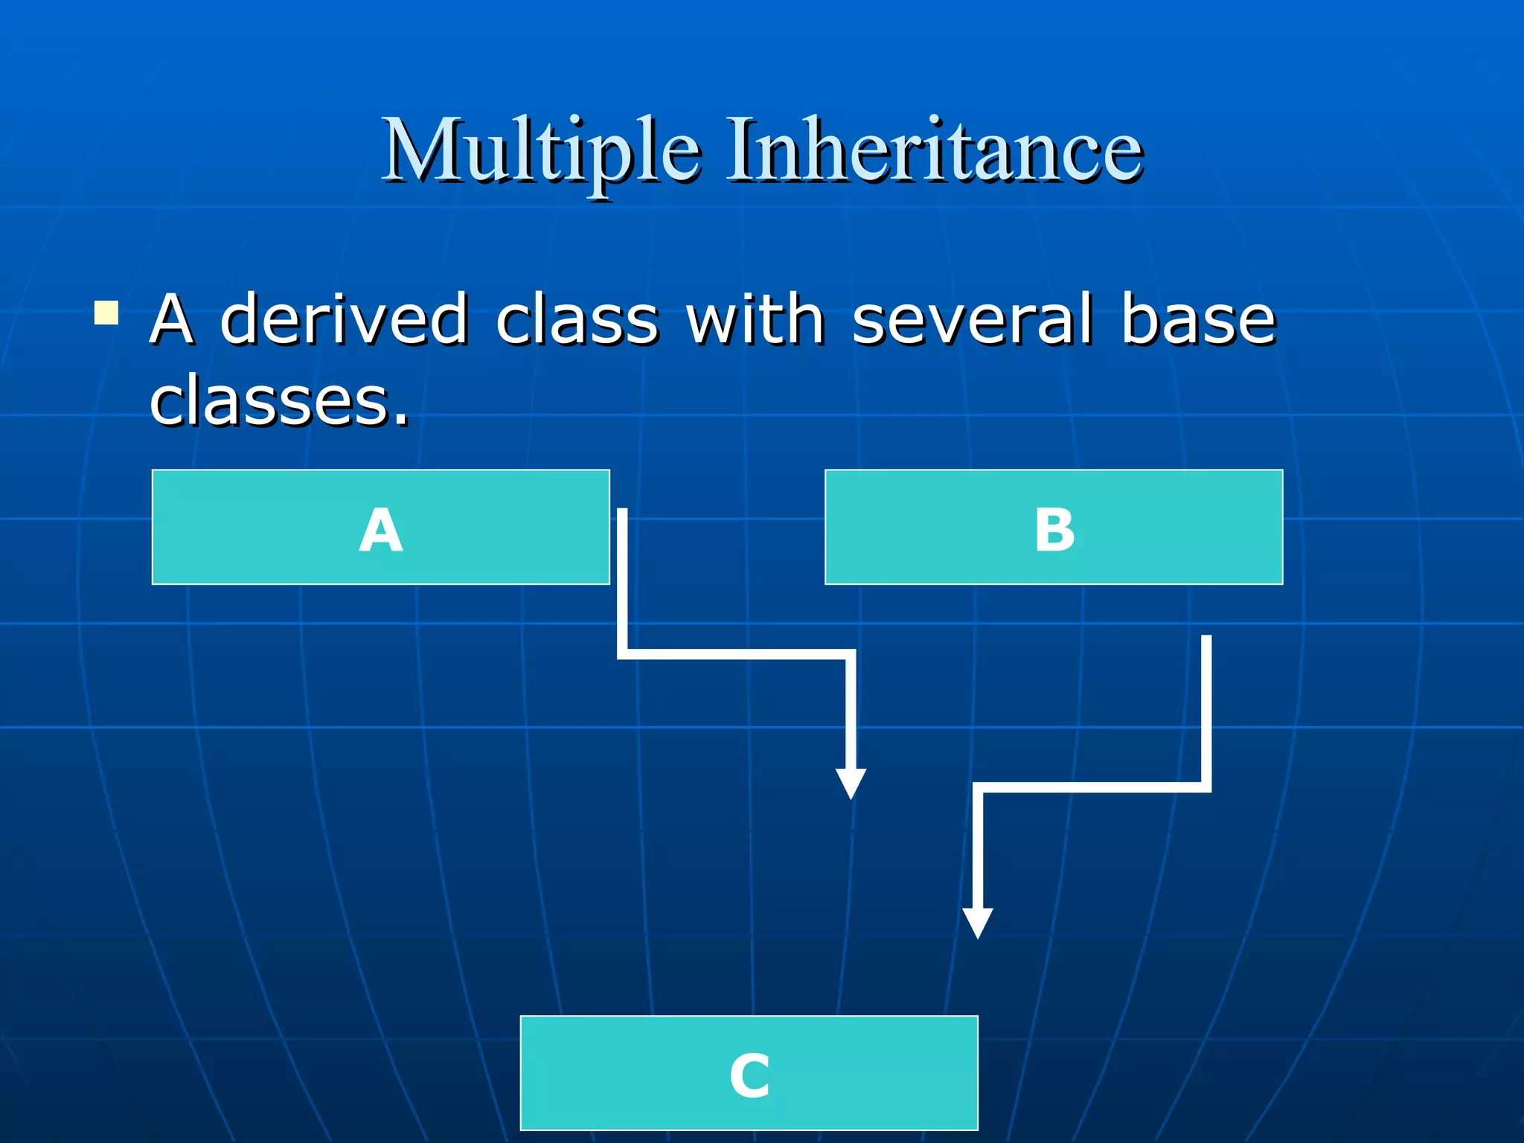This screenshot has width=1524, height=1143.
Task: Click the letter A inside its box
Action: [x=380, y=530]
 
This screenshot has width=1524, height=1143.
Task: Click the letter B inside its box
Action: [x=1054, y=530]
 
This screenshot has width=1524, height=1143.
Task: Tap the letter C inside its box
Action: [x=749, y=1076]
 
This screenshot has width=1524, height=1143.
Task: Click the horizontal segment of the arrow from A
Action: [x=737, y=654]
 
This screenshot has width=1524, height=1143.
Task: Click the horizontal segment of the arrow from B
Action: [x=1092, y=787]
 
